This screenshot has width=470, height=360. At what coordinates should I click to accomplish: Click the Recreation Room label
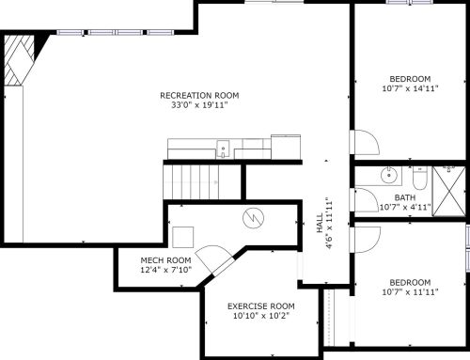click(x=199, y=95)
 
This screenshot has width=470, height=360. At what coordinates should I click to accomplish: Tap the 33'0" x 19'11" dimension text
click(x=199, y=105)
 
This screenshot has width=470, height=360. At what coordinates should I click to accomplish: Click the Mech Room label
click(x=165, y=259)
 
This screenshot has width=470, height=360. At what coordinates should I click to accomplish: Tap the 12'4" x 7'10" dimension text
click(x=165, y=270)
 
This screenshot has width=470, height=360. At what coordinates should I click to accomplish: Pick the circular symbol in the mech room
click(x=253, y=218)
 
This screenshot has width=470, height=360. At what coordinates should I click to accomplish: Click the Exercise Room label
click(x=260, y=306)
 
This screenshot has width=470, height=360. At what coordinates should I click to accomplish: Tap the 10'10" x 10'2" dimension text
click(x=260, y=317)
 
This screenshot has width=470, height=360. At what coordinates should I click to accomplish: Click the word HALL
click(x=320, y=225)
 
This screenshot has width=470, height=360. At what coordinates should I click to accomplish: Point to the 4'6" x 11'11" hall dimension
click(x=329, y=225)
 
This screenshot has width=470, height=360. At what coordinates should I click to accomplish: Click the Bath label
click(x=404, y=197)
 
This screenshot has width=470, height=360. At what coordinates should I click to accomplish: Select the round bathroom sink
click(x=388, y=175)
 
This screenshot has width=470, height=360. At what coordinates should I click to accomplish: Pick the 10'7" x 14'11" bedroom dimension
click(x=410, y=88)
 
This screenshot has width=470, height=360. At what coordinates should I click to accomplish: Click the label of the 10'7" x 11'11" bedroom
click(x=410, y=282)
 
